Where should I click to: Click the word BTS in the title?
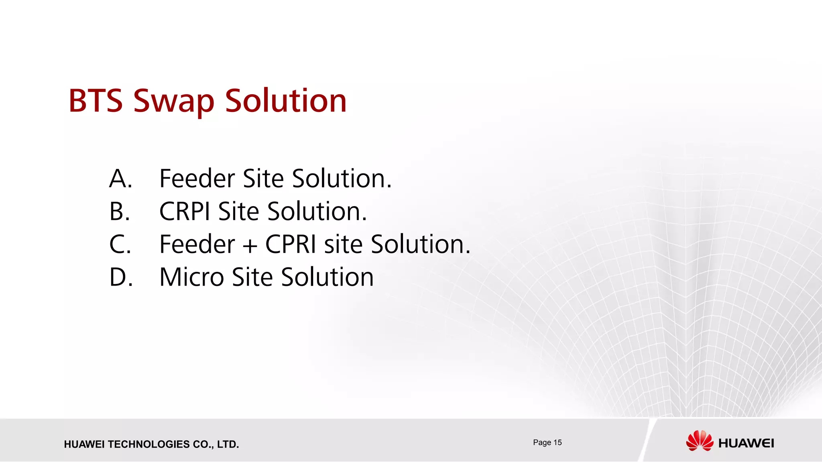(x=96, y=101)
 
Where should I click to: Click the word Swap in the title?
(x=174, y=102)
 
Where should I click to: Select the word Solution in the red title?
(x=285, y=101)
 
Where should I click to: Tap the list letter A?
(x=120, y=178)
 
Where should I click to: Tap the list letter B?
(x=120, y=211)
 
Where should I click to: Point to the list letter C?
(x=120, y=244)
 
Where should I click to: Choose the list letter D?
(x=121, y=277)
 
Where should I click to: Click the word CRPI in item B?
(x=185, y=211)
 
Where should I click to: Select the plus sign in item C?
(x=250, y=245)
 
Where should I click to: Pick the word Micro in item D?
(x=191, y=277)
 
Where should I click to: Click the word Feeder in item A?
(x=197, y=178)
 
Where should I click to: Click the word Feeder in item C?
(x=197, y=244)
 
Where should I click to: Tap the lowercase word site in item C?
(x=343, y=244)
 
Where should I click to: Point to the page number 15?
(x=557, y=442)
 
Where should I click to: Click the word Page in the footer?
(x=542, y=443)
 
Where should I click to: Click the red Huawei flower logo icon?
(x=700, y=441)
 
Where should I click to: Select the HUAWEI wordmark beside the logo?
(x=746, y=443)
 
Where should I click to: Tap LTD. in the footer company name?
(x=228, y=444)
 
